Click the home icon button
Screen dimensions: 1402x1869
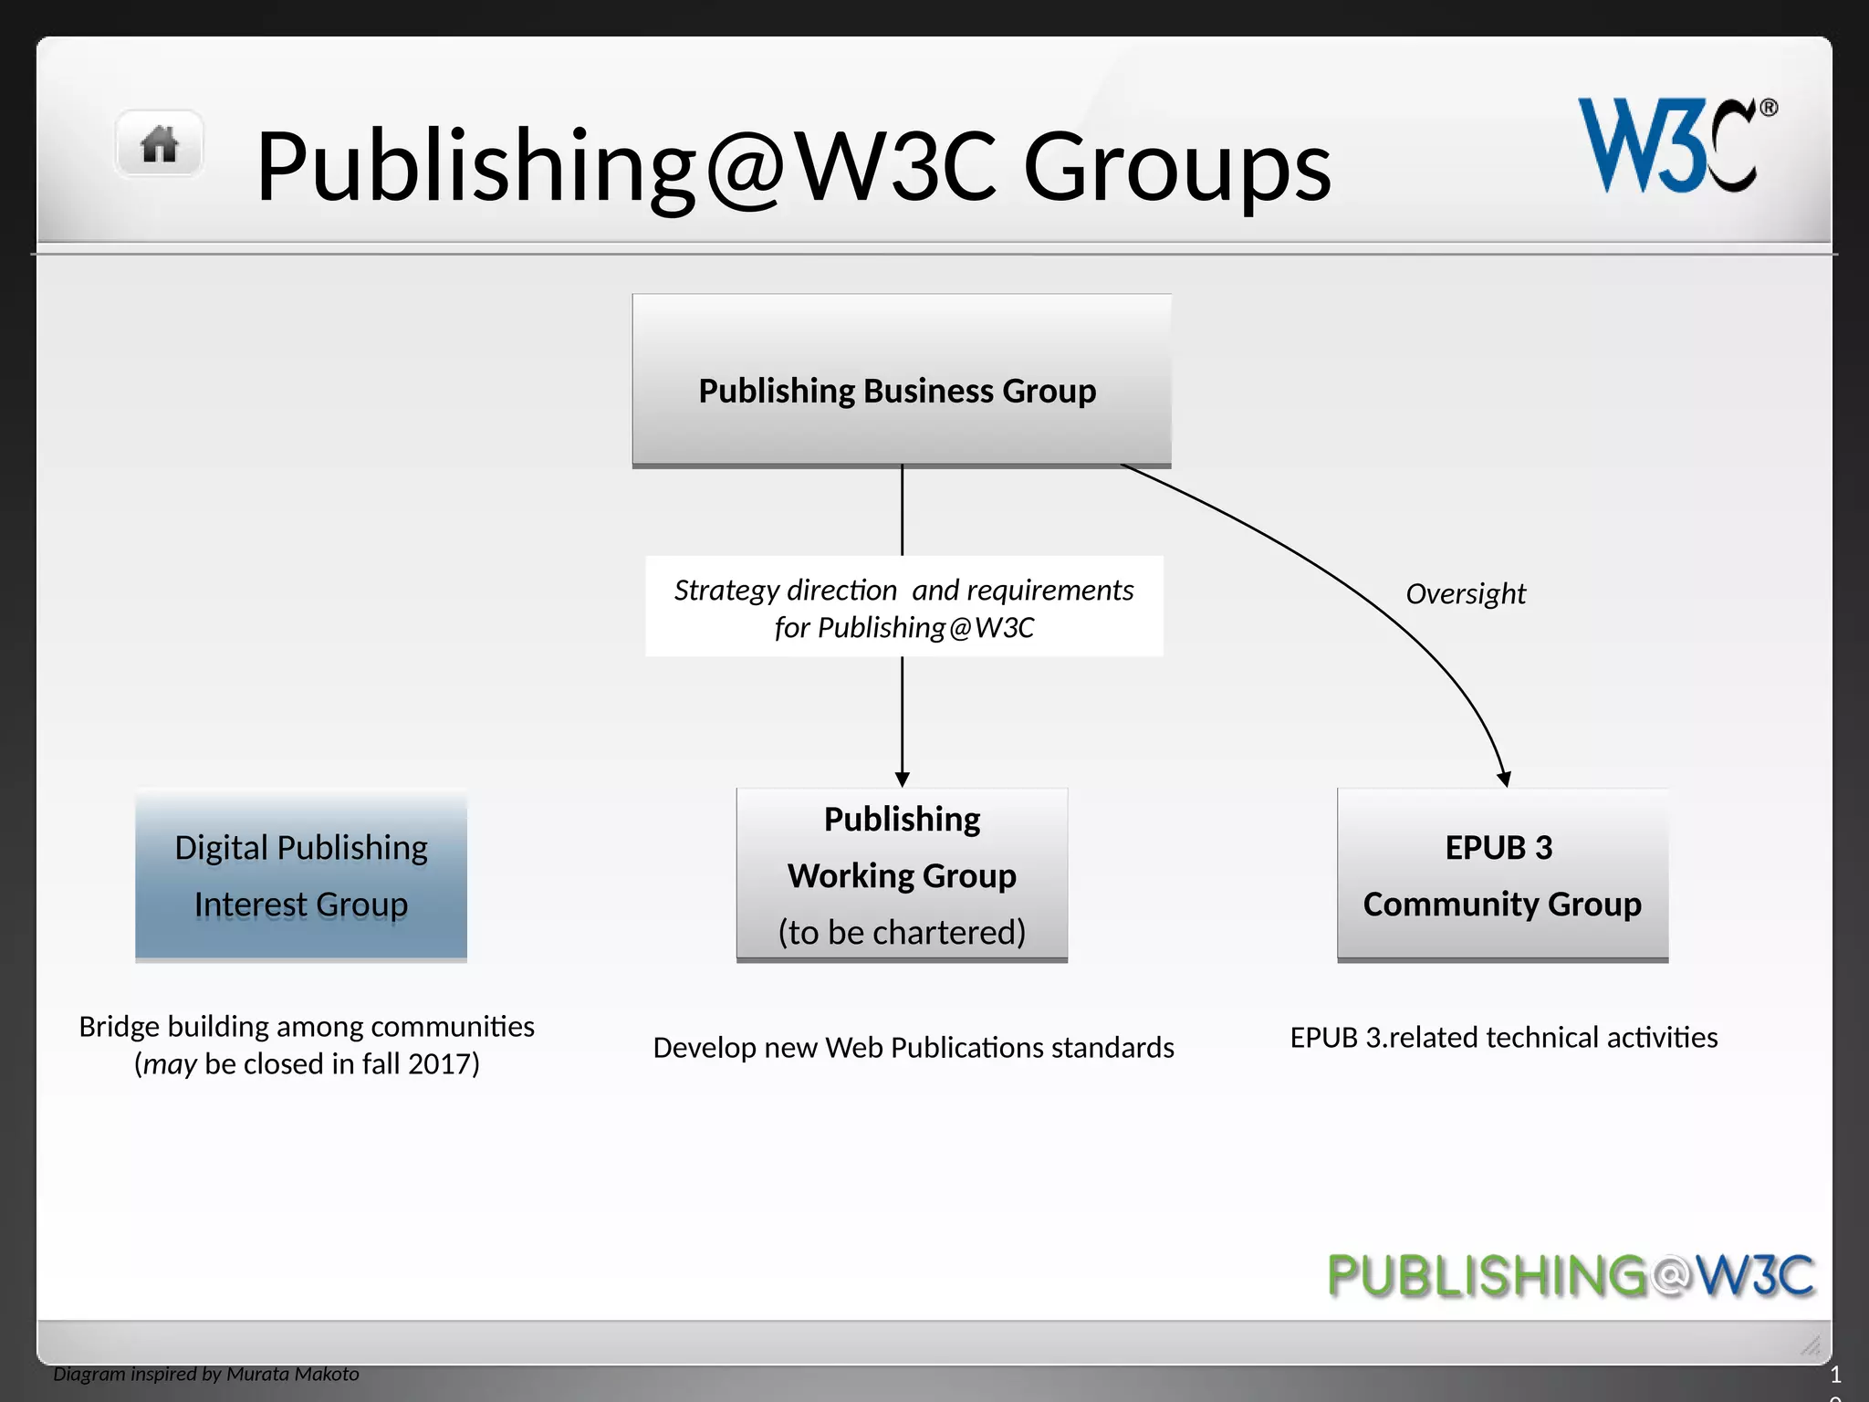point(159,144)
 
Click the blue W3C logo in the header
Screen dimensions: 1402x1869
point(1666,146)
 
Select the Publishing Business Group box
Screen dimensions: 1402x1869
point(901,381)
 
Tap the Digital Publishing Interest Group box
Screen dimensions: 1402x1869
point(301,874)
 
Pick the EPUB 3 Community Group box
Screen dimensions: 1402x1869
point(1502,874)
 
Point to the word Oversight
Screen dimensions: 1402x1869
point(1465,594)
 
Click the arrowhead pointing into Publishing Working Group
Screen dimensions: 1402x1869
point(902,779)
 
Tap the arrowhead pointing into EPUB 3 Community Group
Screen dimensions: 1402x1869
point(1503,779)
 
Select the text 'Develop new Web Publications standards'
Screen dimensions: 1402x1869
point(913,1047)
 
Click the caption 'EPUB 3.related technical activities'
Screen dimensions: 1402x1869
point(1503,1038)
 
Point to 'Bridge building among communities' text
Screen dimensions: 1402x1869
point(307,1027)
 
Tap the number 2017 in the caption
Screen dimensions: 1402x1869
point(439,1064)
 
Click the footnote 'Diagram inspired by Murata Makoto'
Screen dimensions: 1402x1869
point(206,1374)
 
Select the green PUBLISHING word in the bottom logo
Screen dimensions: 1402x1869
point(1488,1275)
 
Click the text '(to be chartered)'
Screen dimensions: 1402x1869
point(902,932)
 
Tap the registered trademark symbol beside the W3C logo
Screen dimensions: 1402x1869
point(1768,108)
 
